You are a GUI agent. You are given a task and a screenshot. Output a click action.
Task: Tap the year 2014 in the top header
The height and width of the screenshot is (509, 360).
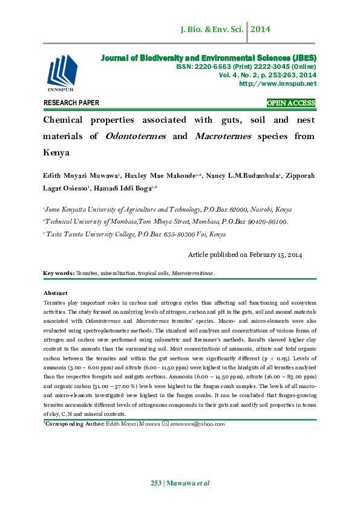point(261,29)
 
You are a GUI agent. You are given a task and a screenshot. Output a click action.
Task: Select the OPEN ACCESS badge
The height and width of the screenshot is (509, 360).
point(291,103)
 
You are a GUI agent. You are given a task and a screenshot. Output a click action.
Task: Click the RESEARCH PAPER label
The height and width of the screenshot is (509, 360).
point(71,103)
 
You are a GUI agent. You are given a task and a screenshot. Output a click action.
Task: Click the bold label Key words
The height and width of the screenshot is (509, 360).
point(59,273)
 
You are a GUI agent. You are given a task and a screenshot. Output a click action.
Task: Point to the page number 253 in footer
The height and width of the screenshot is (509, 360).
point(156,482)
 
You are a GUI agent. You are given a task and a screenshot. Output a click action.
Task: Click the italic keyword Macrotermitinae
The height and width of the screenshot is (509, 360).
point(193,273)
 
